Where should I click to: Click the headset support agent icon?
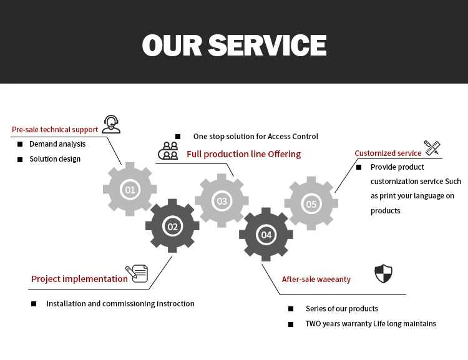click(x=111, y=124)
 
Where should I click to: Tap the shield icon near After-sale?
click(x=383, y=273)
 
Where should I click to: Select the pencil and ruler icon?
click(x=432, y=147)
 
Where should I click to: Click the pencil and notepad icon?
click(x=137, y=273)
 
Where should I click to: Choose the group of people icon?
click(x=168, y=151)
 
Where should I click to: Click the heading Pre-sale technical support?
click(x=55, y=130)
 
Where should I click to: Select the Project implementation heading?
click(x=79, y=279)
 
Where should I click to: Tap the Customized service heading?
click(x=388, y=153)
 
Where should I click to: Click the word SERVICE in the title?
click(x=267, y=45)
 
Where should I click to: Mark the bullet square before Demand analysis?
click(x=20, y=144)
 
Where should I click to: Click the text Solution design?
click(x=55, y=159)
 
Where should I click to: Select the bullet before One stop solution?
click(x=178, y=137)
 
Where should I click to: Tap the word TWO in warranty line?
click(x=313, y=324)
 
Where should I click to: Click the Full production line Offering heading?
click(x=243, y=154)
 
